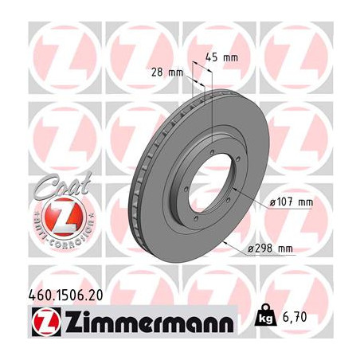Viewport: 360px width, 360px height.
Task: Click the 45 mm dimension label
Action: click(x=221, y=57)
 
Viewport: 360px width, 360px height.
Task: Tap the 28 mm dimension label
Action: click(x=167, y=72)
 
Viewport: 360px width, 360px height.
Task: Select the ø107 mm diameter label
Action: click(x=292, y=202)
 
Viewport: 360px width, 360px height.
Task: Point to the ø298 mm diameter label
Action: click(x=270, y=248)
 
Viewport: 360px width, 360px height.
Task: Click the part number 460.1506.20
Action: click(x=65, y=295)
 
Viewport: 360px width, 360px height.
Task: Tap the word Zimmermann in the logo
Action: click(x=150, y=322)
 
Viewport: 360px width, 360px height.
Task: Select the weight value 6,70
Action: click(x=295, y=317)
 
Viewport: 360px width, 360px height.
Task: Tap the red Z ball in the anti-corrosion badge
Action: click(x=64, y=217)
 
